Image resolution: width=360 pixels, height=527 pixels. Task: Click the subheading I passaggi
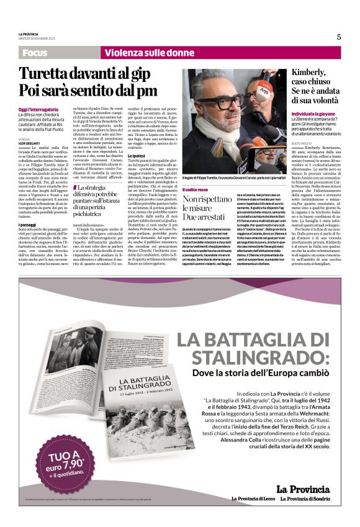pos(28,224)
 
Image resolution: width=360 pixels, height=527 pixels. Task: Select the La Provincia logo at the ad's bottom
pos(304,489)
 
